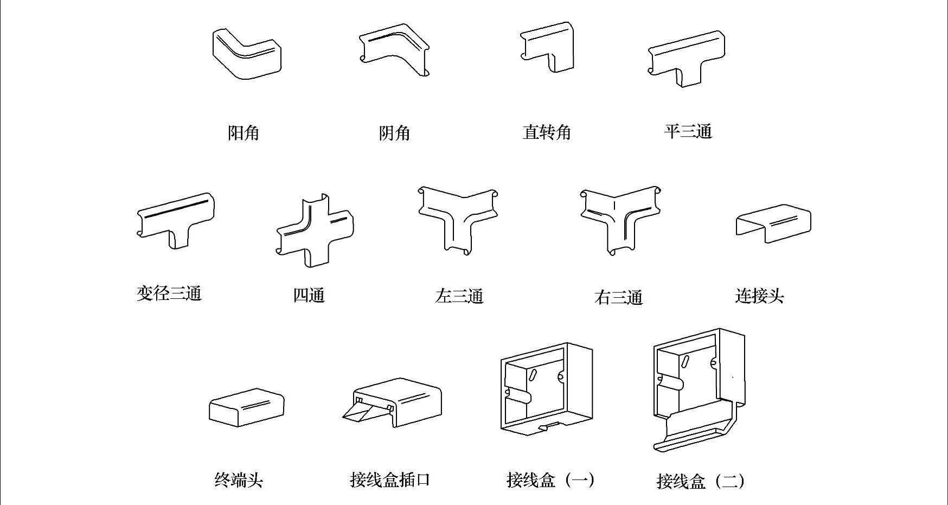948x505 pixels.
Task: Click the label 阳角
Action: click(x=243, y=132)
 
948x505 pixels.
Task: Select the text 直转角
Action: click(x=547, y=132)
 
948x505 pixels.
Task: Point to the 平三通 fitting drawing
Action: click(x=687, y=57)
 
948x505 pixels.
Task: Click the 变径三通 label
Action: click(x=169, y=293)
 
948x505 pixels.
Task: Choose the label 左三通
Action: click(x=459, y=296)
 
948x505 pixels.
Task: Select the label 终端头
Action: click(x=239, y=480)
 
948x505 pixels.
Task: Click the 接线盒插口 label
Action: click(x=390, y=480)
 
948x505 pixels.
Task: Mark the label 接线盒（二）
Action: click(x=700, y=481)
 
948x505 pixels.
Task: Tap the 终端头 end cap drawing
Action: click(x=247, y=407)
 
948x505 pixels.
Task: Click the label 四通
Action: click(x=309, y=296)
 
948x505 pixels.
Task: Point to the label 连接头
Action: click(x=759, y=296)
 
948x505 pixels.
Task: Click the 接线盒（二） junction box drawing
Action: click(x=699, y=388)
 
